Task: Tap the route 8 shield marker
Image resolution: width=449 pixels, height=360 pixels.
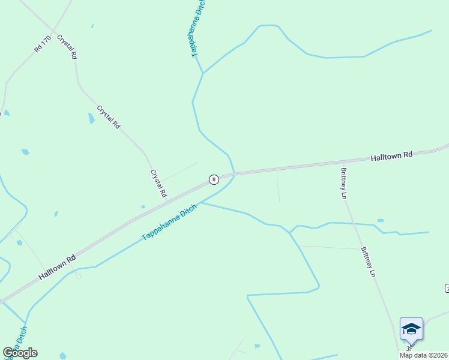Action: [213, 179]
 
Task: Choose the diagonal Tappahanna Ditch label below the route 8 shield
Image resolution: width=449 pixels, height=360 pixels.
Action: [169, 223]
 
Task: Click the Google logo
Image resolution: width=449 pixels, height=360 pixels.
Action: [20, 353]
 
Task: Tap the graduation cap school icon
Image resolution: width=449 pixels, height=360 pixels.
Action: [411, 328]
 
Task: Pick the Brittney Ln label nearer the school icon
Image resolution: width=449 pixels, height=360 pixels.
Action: [367, 262]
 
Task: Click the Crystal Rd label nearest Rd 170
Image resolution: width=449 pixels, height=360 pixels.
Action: [67, 46]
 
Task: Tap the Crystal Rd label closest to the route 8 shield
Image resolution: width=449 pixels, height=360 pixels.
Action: [158, 183]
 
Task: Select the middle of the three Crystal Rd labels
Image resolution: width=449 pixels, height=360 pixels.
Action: [109, 117]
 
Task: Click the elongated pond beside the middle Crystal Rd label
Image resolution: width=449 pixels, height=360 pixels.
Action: [91, 118]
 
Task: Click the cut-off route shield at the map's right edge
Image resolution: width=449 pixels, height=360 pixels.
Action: [447, 289]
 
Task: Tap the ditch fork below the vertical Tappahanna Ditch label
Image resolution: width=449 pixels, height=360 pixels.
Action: [203, 73]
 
